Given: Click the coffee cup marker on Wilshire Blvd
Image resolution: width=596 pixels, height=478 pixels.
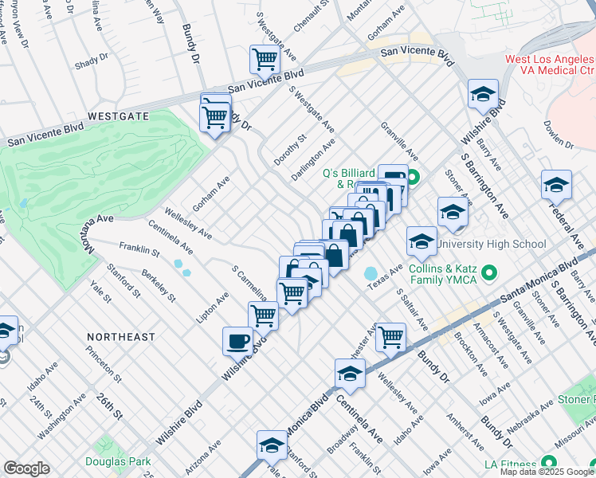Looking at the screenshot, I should click(x=237, y=342).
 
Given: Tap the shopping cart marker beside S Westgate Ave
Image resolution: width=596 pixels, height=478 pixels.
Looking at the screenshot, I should click(x=265, y=59).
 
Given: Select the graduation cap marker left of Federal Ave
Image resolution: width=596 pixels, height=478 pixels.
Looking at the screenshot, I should click(x=555, y=186).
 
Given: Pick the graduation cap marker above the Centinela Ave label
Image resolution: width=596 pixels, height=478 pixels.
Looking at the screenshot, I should click(x=350, y=373).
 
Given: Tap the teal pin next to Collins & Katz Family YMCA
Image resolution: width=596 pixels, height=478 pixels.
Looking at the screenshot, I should click(x=491, y=273).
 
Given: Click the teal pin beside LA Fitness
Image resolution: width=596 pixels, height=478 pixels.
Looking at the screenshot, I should click(x=548, y=463).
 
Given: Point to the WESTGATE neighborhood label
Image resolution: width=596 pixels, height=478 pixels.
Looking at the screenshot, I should click(x=118, y=116).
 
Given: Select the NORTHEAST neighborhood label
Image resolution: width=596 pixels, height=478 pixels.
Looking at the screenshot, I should click(x=121, y=337).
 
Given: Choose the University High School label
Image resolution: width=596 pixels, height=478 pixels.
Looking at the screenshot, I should click(x=492, y=245).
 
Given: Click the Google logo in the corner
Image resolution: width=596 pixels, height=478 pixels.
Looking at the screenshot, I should click(x=26, y=468).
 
